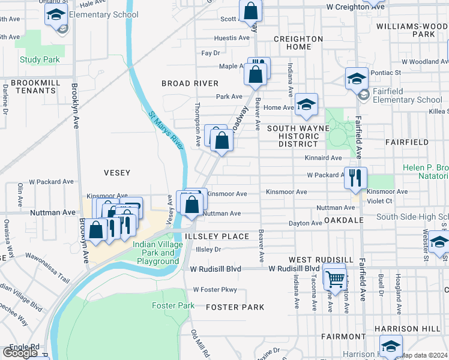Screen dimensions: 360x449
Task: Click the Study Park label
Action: [x=40, y=59]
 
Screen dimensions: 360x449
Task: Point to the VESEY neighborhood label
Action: [x=117, y=173]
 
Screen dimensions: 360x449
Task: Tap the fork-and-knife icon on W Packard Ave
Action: [x=355, y=177]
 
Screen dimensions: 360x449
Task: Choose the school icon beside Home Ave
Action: [x=306, y=104]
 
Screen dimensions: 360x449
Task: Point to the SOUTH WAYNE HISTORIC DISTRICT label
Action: [x=298, y=136]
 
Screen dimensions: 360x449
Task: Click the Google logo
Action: [x=20, y=353]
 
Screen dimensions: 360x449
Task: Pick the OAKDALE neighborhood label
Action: [x=344, y=220]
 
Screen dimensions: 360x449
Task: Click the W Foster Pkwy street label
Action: [x=215, y=290]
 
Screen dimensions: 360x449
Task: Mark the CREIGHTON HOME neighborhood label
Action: [x=298, y=43]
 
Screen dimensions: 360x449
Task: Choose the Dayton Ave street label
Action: [x=306, y=223]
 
